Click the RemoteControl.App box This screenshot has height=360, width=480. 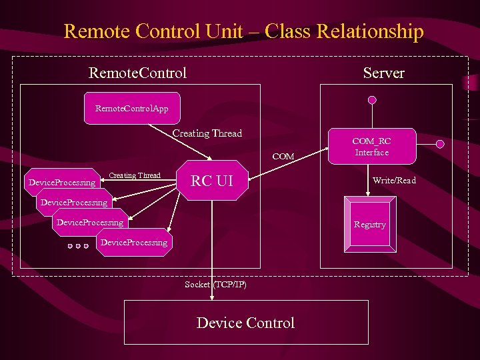(x=131, y=108)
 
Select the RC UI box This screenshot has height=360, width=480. (x=212, y=180)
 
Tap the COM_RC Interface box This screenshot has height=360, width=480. (x=371, y=147)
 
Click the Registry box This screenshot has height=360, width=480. (x=369, y=225)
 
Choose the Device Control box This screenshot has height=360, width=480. (x=246, y=323)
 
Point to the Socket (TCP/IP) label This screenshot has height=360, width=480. (x=215, y=285)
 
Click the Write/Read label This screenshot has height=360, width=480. (x=394, y=181)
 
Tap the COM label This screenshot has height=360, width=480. (x=283, y=157)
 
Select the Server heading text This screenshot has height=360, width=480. (x=383, y=73)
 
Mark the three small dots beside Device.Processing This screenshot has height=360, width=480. (x=78, y=246)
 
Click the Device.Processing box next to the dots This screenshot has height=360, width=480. (x=133, y=243)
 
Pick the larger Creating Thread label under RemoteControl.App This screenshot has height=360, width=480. (x=207, y=133)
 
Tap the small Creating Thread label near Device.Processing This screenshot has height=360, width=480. (x=134, y=175)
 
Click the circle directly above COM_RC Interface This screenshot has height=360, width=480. (x=372, y=100)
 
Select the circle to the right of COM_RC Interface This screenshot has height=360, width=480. (x=439, y=143)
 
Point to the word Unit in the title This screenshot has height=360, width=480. (x=241, y=31)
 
